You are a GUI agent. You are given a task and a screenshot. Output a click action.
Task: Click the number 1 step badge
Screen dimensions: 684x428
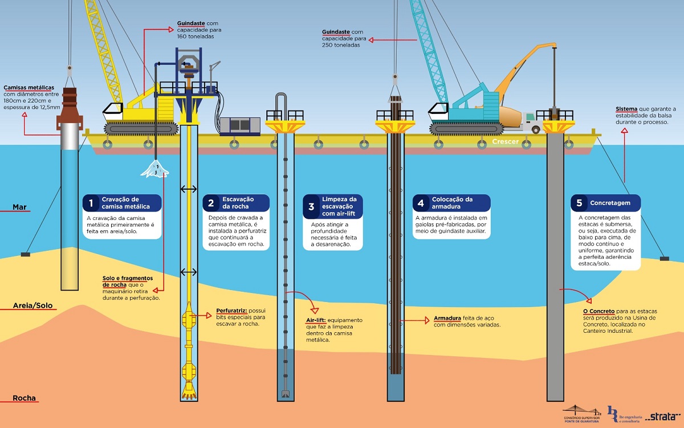pos(91,203)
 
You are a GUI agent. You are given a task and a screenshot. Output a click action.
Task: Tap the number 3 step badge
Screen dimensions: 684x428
pos(311,207)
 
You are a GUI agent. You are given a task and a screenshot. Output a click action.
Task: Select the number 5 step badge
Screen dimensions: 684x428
pos(579,203)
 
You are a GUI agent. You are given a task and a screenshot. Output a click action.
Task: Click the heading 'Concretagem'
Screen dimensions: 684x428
pos(610,203)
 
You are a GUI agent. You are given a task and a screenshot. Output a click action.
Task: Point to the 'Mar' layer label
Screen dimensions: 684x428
pos(19,207)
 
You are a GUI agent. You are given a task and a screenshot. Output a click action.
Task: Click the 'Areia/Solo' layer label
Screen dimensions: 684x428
pos(32,305)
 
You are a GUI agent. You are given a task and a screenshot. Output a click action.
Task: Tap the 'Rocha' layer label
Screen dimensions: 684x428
pos(24,398)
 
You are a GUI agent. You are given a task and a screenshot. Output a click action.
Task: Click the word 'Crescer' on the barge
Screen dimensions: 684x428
pos(506,142)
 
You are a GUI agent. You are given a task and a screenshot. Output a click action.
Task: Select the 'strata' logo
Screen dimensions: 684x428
pos(663,417)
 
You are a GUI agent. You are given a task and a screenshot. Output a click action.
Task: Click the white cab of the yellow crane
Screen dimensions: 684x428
pos(112,112)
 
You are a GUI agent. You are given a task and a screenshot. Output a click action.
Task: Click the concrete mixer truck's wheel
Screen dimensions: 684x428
pos(536,129)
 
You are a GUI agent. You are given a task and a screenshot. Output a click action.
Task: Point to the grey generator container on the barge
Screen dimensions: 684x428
pos(240,126)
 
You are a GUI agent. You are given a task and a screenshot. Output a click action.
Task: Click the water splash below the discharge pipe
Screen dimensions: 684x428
pos(155,169)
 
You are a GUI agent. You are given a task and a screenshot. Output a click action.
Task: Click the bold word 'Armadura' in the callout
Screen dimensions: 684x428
pos(447,318)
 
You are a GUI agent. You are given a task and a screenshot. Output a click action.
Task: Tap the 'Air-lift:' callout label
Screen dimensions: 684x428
pos(316,320)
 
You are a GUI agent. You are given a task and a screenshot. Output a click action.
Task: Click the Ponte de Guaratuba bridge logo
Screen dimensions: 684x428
pos(581,414)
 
